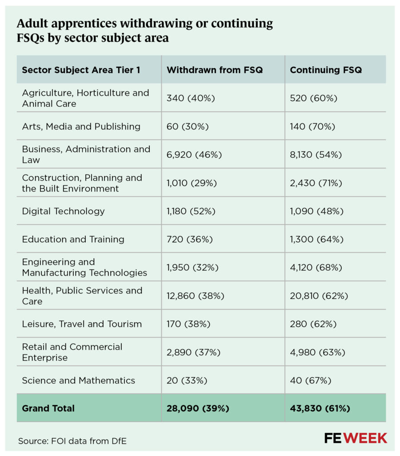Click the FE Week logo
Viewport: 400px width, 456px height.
[x=356, y=438]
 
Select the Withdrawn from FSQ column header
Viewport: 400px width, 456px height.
[x=215, y=70]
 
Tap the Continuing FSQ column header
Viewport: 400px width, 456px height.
[x=325, y=70]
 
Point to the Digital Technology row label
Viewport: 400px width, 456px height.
[x=64, y=211]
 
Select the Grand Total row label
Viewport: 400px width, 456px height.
[x=48, y=408]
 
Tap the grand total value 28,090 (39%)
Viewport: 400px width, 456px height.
[x=198, y=408]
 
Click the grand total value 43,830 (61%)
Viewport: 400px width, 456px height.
[x=321, y=408]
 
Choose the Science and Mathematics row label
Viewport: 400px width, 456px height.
[x=79, y=380]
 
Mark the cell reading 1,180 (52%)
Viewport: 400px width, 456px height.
[x=191, y=211]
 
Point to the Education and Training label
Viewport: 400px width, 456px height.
[x=73, y=239]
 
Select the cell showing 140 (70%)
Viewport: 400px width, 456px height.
[x=312, y=126]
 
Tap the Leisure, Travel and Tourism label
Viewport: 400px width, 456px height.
[x=82, y=324]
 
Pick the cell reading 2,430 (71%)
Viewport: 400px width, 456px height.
[x=316, y=183]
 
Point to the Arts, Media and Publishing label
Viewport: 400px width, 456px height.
[x=81, y=126]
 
